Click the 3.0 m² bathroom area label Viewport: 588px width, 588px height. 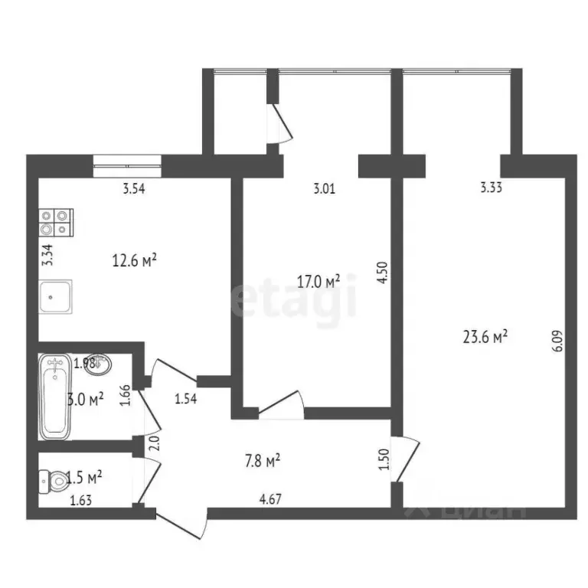pos(83,400)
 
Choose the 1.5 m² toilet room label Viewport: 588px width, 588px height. pos(83,479)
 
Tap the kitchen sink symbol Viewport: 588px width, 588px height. pos(56,296)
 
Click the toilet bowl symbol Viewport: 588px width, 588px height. pos(54,481)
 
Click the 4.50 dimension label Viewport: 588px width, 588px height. pos(384,273)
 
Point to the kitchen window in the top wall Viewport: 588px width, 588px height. pos(127,160)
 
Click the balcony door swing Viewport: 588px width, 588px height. pos(283,125)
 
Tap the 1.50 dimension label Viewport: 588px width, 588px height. pos(384,459)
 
